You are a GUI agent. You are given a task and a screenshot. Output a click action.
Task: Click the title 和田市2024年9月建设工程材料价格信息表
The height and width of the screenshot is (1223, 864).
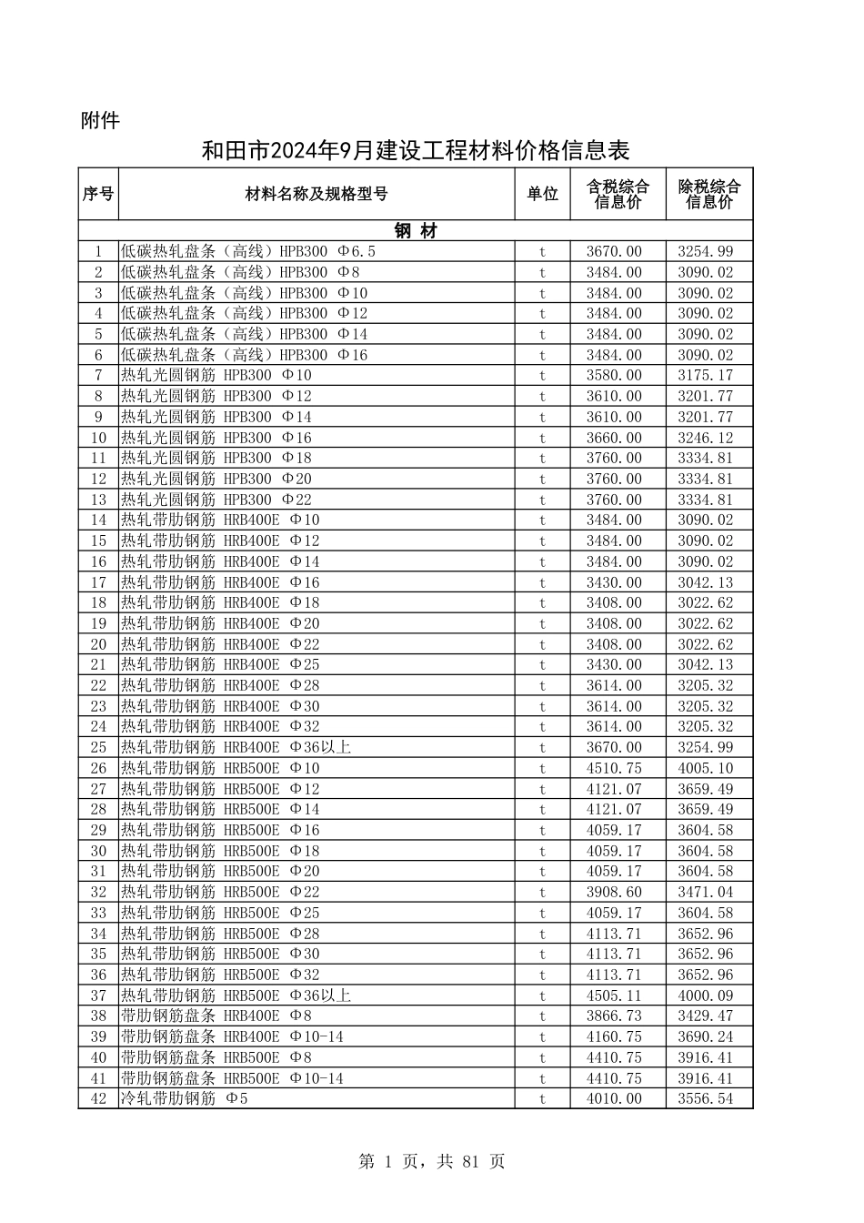[416, 150]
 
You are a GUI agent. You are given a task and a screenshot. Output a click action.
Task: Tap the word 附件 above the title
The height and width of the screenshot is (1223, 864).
[100, 120]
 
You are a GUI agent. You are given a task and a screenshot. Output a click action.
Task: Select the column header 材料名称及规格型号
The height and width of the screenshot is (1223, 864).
[316, 194]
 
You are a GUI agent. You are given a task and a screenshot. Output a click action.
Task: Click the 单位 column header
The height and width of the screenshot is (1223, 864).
[542, 194]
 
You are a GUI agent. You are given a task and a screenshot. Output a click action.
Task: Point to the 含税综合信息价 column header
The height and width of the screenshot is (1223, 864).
[618, 194]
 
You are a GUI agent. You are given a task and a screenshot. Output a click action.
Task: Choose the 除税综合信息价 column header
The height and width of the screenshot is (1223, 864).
[708, 194]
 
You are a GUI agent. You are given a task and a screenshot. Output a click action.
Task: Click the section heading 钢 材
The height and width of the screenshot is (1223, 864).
[416, 231]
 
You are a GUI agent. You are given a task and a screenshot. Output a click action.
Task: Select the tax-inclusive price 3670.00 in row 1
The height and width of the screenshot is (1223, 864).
[614, 252]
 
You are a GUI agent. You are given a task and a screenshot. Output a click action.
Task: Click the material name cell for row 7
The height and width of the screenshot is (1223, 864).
[216, 376]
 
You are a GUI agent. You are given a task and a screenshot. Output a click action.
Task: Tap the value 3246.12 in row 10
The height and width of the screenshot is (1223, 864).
[705, 438]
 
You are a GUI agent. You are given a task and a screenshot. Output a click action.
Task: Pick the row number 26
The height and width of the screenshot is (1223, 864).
[98, 768]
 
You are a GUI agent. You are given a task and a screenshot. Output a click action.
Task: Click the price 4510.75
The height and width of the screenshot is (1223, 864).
[614, 768]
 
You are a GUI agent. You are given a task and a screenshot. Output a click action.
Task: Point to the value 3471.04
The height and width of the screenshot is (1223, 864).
[705, 892]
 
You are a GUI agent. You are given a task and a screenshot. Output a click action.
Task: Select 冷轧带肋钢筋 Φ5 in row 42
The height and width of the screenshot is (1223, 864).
[185, 1098]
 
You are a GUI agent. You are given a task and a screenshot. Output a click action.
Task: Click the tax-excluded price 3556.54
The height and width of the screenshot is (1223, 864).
[705, 1098]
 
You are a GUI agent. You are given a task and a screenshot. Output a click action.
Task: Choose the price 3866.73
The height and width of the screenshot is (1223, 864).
[614, 1016]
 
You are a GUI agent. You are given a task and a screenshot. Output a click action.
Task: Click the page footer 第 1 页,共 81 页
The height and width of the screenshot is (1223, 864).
[432, 1161]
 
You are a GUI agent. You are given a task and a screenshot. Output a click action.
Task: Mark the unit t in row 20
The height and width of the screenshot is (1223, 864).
[542, 644]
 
